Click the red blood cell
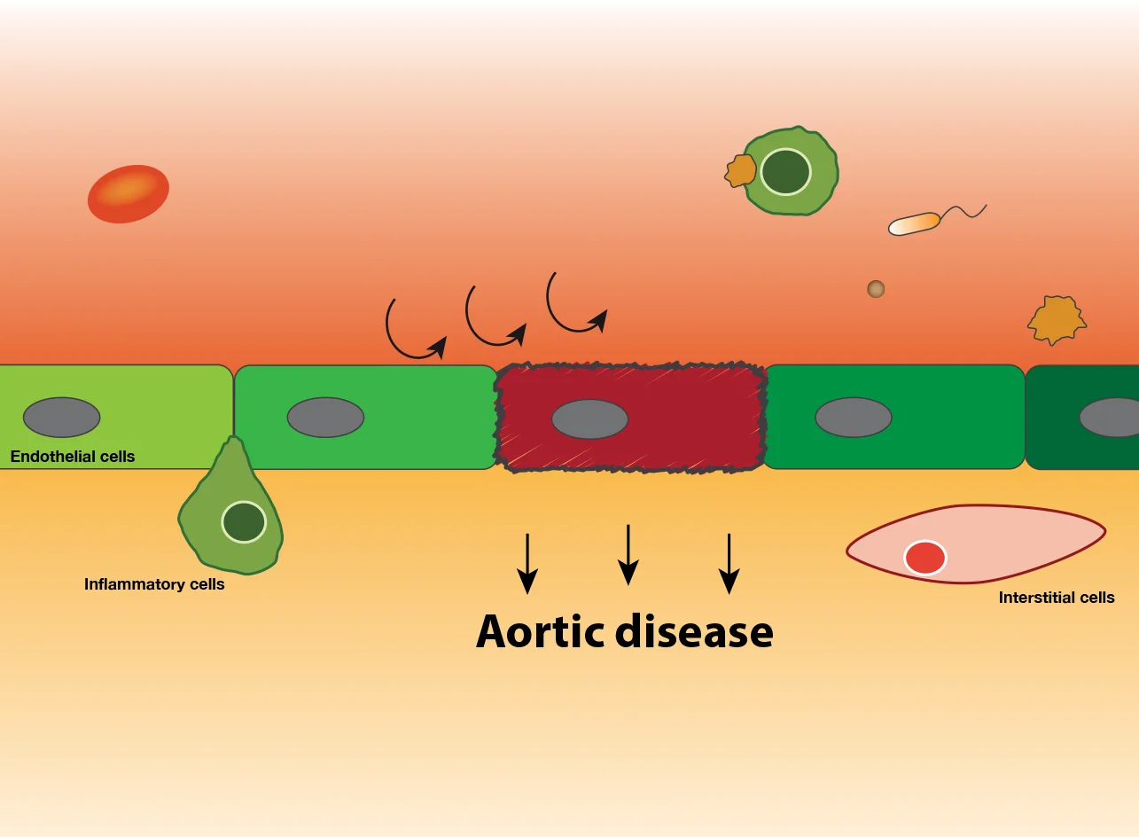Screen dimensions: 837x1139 point(129,193)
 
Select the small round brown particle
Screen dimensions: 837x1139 point(876,288)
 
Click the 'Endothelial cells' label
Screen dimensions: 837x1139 point(73,457)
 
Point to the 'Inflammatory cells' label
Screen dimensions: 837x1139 point(154,584)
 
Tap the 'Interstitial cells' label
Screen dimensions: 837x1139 point(1057,598)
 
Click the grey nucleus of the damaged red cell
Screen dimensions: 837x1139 point(589,419)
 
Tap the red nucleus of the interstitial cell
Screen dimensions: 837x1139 point(924,559)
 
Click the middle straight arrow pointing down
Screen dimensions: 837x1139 point(628,554)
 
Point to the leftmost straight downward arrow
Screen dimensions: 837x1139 point(527,563)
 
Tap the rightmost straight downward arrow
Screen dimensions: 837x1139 point(729,563)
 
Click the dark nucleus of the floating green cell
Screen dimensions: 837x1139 point(785,172)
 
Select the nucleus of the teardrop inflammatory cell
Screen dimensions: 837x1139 point(244,521)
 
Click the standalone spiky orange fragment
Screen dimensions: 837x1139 point(1057,320)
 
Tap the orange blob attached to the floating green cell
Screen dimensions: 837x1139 point(740,170)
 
